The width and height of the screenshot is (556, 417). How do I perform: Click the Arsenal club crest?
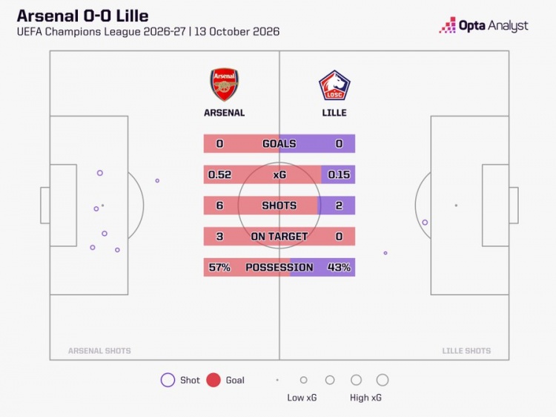pyautogui.click(x=224, y=85)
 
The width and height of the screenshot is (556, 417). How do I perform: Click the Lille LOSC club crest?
pyautogui.click(x=334, y=85)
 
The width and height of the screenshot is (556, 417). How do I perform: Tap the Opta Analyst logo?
pyautogui.click(x=483, y=25)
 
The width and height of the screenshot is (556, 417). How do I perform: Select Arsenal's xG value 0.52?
pyautogui.click(x=219, y=174)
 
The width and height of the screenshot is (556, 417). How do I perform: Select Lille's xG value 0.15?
pyautogui.click(x=339, y=174)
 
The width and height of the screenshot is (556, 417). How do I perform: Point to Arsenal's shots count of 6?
pyautogui.click(x=219, y=206)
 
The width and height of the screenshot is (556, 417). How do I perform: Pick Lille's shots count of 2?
pyautogui.click(x=339, y=206)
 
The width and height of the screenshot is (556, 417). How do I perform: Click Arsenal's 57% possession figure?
pyautogui.click(x=219, y=267)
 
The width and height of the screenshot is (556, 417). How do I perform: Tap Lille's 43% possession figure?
pyautogui.click(x=339, y=267)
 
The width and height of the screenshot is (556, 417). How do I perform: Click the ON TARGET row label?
pyautogui.click(x=279, y=237)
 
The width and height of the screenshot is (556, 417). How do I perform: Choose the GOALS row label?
pyautogui.click(x=279, y=144)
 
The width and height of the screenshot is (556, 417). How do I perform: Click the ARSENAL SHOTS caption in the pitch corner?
pyautogui.click(x=99, y=351)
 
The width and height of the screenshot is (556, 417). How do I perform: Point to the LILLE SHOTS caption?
pyautogui.click(x=466, y=351)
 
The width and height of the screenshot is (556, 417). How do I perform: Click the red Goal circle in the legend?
pyautogui.click(x=214, y=380)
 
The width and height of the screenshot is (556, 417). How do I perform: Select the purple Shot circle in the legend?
pyautogui.click(x=168, y=380)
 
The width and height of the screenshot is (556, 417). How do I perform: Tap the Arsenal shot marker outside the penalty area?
pyautogui.click(x=157, y=180)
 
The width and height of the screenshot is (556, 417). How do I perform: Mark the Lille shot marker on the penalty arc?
pyautogui.click(x=425, y=223)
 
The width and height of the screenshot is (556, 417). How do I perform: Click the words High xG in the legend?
pyautogui.click(x=365, y=398)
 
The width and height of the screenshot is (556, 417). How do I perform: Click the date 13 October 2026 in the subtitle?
pyautogui.click(x=237, y=32)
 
